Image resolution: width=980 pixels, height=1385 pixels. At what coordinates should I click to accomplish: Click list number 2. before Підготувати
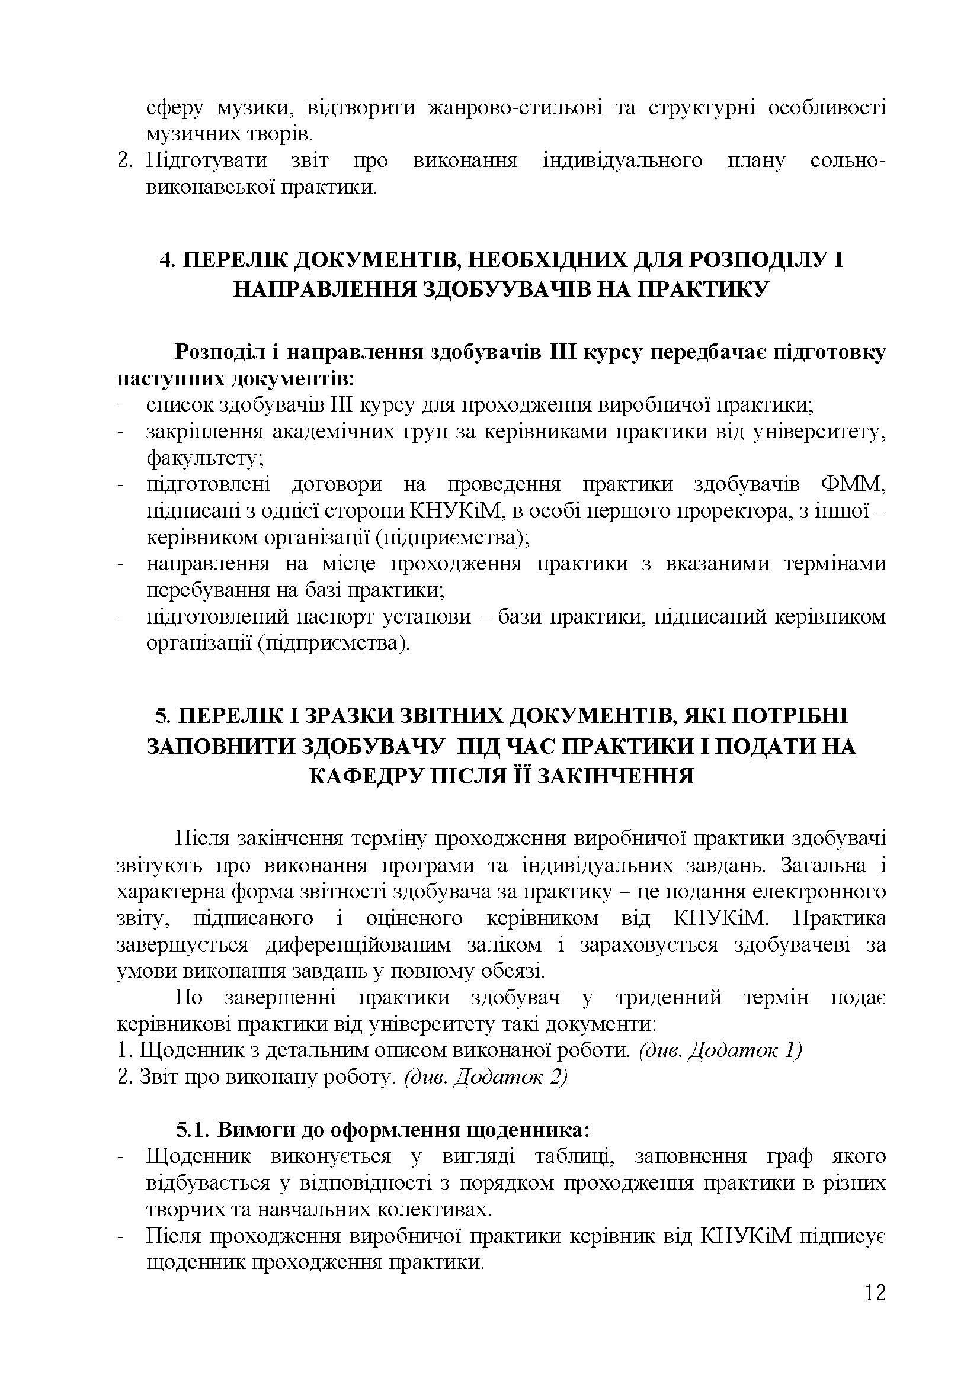coord(126,161)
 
